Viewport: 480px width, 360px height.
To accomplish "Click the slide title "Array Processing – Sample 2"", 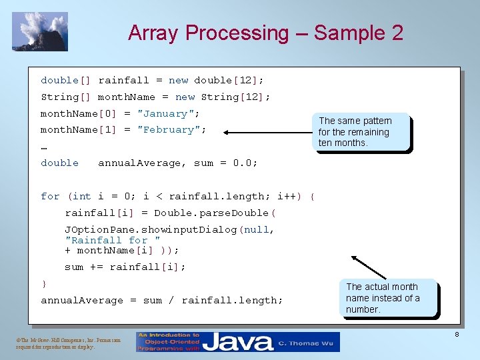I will (265, 33).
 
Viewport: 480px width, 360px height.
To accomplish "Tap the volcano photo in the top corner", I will (40, 31).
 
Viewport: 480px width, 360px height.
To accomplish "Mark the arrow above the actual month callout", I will (367, 268).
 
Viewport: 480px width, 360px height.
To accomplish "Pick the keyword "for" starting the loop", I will (50, 196).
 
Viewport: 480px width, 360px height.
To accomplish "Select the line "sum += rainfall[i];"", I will (125, 267).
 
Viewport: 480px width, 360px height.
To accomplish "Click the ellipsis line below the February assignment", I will (44, 147).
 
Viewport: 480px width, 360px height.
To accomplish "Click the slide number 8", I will (457, 334).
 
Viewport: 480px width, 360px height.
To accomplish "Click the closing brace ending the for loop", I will (44, 284).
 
